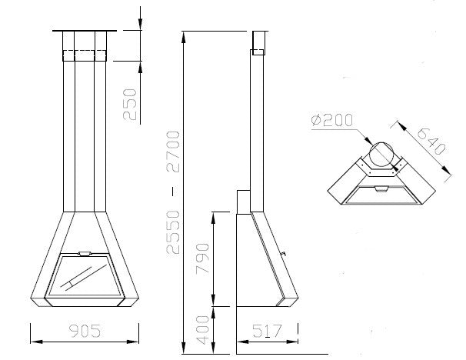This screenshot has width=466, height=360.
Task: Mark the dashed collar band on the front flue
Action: (85, 55)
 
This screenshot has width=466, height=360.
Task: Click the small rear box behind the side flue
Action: (241, 201)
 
